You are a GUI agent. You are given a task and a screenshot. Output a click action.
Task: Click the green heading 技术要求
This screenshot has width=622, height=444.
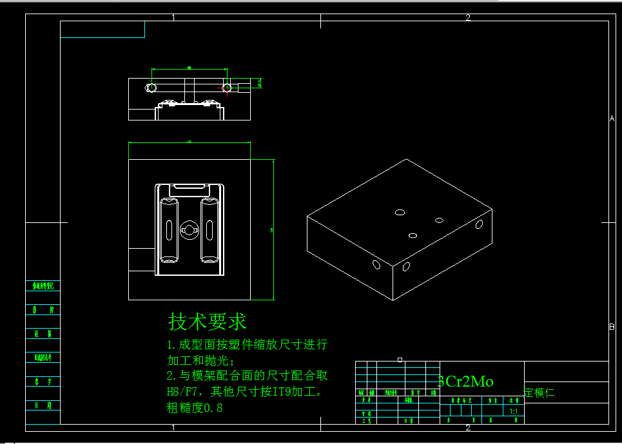[x=208, y=321]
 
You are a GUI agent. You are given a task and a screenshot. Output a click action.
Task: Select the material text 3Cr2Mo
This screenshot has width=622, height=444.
[x=466, y=381]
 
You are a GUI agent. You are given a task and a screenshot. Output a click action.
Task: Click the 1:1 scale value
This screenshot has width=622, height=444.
[x=514, y=410]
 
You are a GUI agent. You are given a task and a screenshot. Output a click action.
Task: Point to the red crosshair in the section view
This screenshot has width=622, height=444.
[x=226, y=86]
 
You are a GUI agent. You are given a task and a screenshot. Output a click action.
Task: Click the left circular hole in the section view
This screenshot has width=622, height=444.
[x=151, y=87]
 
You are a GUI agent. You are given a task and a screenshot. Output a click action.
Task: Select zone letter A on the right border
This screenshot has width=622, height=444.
[x=612, y=119]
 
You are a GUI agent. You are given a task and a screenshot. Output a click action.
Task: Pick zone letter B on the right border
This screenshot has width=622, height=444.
[x=612, y=327]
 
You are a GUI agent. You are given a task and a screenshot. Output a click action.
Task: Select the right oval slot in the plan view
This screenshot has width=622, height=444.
[x=209, y=229]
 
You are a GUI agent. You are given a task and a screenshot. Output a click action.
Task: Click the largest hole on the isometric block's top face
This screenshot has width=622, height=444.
[x=400, y=212]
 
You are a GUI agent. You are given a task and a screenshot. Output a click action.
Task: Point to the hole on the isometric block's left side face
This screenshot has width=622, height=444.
[x=376, y=264]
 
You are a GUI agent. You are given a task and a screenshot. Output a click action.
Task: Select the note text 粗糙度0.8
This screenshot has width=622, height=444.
[x=195, y=407]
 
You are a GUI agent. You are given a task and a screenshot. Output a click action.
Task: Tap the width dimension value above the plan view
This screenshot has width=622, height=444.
[x=189, y=141]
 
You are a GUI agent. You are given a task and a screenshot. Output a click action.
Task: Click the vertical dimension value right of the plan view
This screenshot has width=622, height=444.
[x=271, y=229]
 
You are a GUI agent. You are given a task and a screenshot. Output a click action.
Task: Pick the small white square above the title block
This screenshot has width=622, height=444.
[x=400, y=359]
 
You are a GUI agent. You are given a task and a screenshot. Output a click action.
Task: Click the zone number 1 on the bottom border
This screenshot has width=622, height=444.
[x=173, y=427]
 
